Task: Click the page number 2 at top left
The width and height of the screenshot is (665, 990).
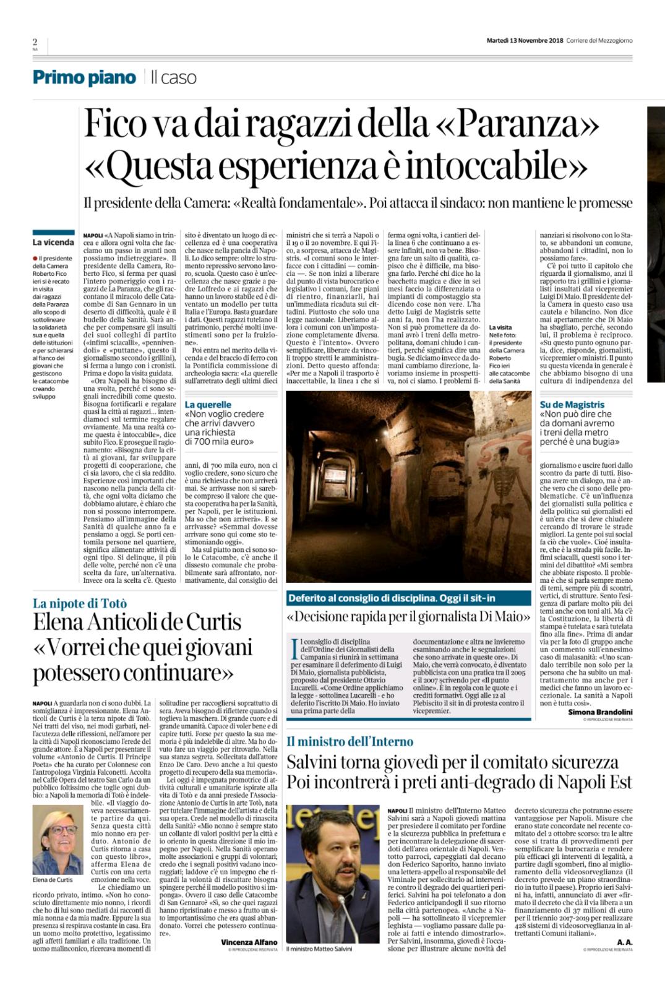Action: click(x=35, y=41)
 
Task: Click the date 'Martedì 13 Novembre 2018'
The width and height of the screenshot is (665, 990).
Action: click(x=525, y=41)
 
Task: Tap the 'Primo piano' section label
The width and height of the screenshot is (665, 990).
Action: click(x=84, y=77)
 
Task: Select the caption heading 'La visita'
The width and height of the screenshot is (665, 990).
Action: click(x=500, y=327)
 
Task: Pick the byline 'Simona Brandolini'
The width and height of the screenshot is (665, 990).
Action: click(x=600, y=712)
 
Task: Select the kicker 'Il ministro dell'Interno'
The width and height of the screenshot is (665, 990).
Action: click(x=350, y=741)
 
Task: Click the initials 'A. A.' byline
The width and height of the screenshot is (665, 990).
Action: click(x=624, y=942)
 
